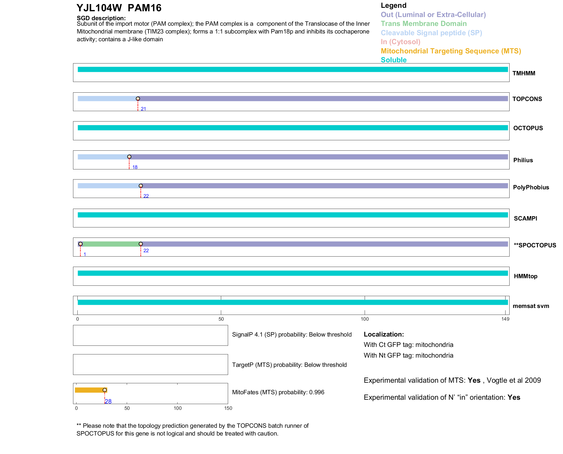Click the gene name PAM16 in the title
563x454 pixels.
(x=144, y=8)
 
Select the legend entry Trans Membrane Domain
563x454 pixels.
(x=424, y=24)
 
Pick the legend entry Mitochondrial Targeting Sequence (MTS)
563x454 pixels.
(x=451, y=51)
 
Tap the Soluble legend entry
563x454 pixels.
(x=394, y=60)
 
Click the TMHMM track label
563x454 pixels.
(x=523, y=73)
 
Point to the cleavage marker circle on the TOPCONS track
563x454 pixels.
(x=138, y=99)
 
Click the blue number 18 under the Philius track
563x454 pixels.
(x=135, y=167)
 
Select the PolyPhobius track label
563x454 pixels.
(x=531, y=187)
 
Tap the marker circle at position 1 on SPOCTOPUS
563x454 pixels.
(x=81, y=244)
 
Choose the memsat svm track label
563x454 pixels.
(x=531, y=306)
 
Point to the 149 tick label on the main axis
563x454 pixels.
(x=505, y=319)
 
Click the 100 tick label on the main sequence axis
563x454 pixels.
(x=365, y=319)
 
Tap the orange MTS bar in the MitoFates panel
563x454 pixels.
(x=90, y=390)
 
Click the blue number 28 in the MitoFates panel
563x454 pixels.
(x=108, y=401)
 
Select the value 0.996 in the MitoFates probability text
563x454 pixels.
(x=317, y=392)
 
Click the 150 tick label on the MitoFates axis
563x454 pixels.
(x=228, y=408)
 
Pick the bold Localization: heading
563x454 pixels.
(x=384, y=335)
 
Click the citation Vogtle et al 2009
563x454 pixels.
(x=514, y=380)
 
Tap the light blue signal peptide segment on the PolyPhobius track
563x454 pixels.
(x=108, y=186)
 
